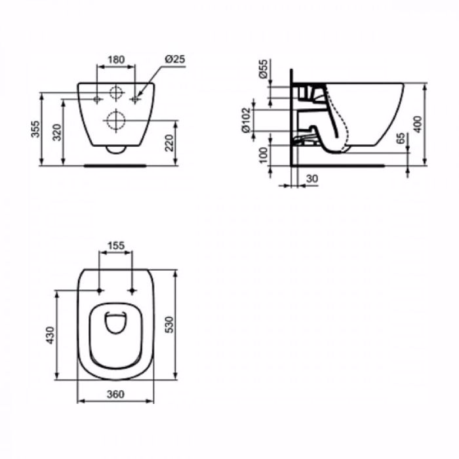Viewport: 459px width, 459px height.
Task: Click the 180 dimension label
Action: tap(117, 60)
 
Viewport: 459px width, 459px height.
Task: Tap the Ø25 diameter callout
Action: tap(175, 59)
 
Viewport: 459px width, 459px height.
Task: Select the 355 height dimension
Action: tap(35, 129)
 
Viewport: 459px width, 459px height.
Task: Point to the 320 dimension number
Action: tap(57, 132)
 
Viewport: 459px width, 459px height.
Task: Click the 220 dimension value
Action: tap(169, 143)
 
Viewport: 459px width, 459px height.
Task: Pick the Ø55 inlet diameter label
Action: tap(264, 69)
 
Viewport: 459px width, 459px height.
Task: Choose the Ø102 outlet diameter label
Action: tap(246, 120)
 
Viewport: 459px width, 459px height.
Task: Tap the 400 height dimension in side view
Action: tap(418, 125)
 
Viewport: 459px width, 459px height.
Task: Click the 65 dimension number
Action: tap(401, 138)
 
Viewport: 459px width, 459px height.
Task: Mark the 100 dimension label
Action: tap(264, 155)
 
